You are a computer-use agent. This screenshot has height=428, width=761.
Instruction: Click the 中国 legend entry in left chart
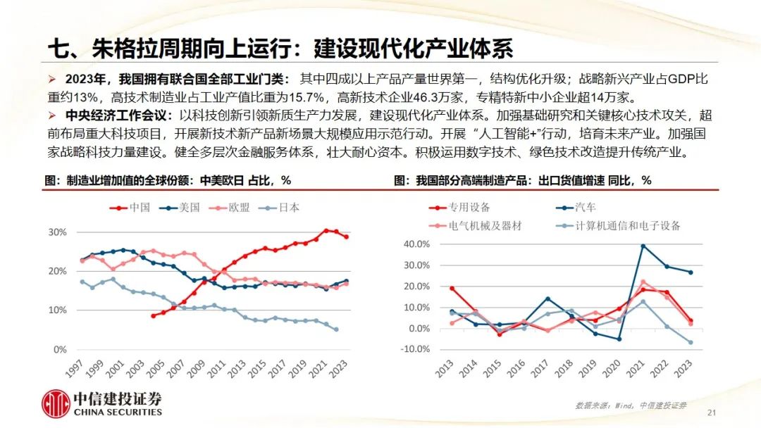(135, 207)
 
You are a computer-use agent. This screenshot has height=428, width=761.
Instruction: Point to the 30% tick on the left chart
(57, 232)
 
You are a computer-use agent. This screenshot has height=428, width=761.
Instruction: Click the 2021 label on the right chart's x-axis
(642, 373)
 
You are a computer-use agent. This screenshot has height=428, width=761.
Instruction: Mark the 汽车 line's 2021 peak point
(643, 246)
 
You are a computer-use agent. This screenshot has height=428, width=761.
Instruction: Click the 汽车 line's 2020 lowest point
(619, 339)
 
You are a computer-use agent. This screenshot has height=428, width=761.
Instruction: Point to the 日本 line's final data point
(336, 329)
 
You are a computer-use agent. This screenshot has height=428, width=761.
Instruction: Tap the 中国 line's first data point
(153, 315)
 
